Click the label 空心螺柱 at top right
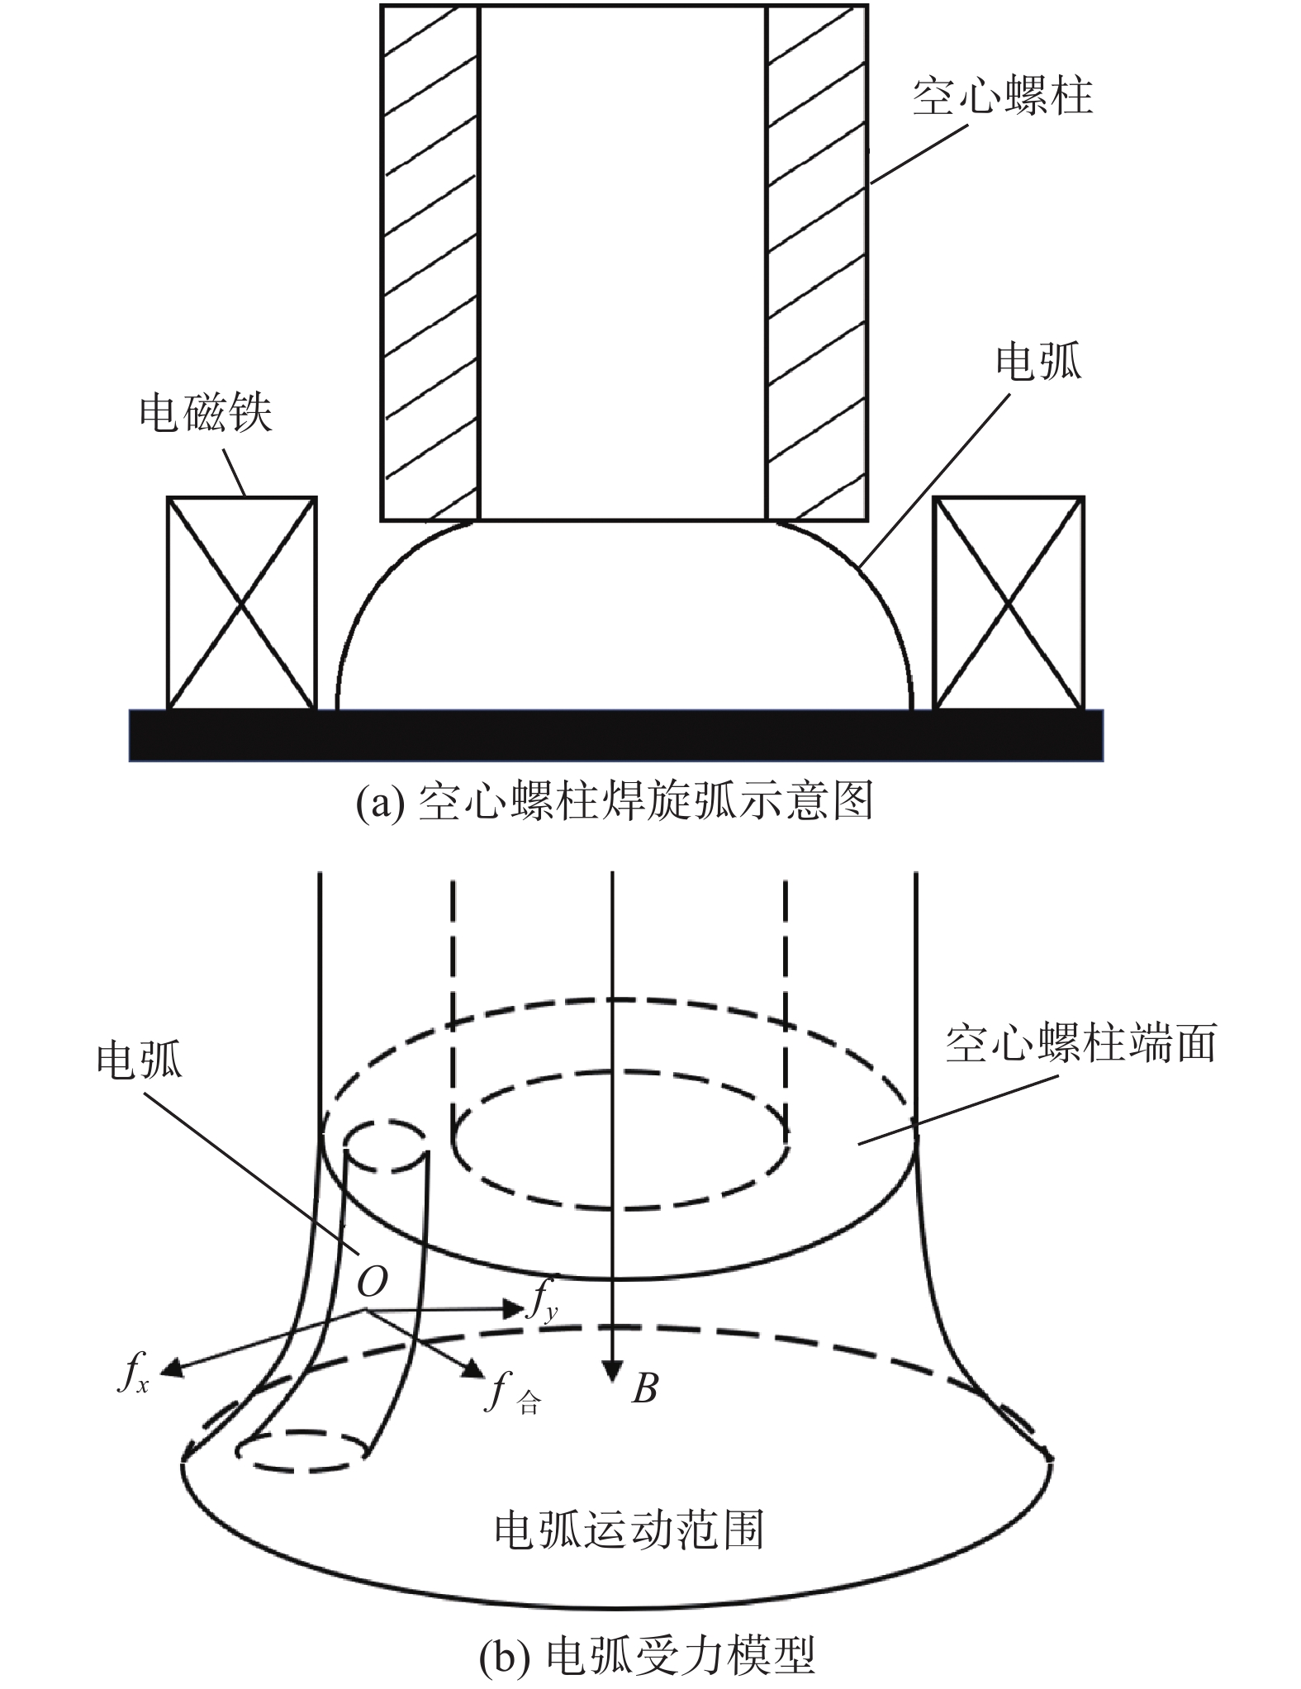(1002, 97)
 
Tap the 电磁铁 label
(205, 413)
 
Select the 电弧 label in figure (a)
(1038, 361)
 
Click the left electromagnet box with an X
(241, 603)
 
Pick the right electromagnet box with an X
(1008, 603)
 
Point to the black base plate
(615, 735)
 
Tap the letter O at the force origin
(372, 1305)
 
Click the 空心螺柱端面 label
(1080, 1043)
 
